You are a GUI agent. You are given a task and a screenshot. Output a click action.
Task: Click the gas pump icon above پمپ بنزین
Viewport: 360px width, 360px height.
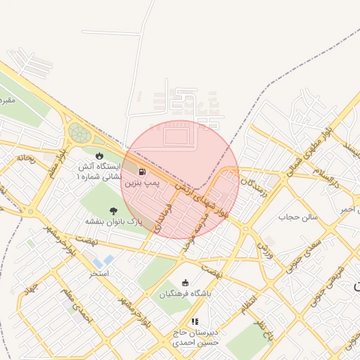[143, 172]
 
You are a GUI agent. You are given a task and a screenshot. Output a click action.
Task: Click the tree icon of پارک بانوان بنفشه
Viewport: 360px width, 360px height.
[114, 210]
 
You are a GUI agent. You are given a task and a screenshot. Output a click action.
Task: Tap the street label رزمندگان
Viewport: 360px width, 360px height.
[254, 188]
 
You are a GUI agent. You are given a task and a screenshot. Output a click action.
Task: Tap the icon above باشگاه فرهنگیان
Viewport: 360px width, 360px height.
[186, 282]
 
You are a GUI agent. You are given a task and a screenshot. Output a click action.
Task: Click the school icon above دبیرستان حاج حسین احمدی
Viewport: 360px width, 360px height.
[195, 321]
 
